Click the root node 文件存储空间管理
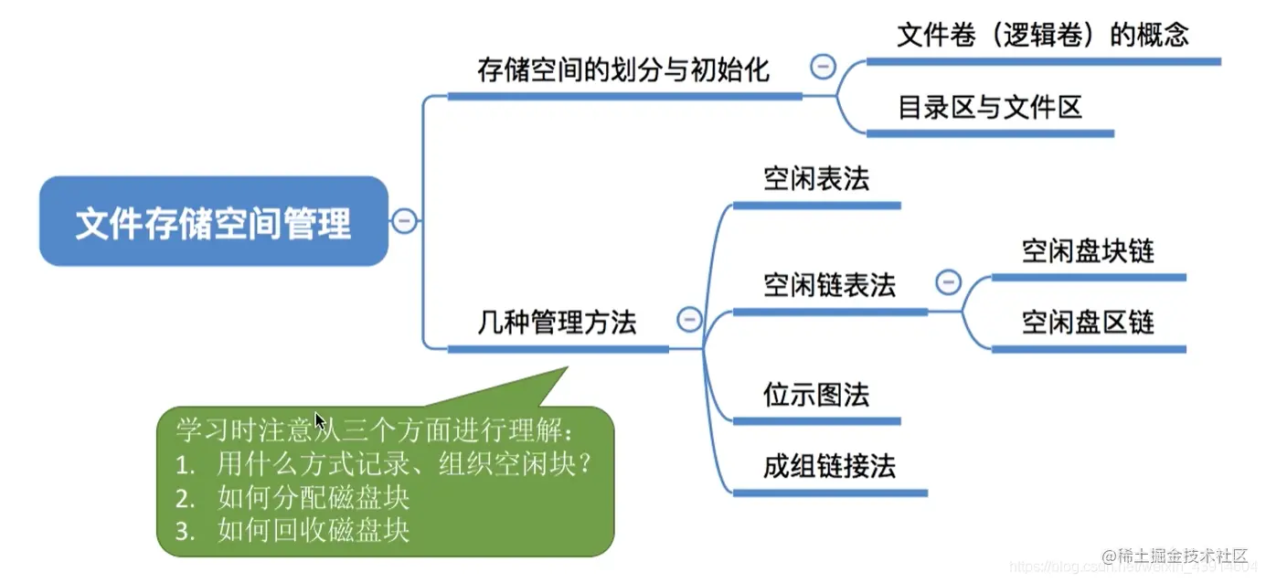point(214,221)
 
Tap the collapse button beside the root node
point(404,221)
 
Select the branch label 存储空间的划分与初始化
point(622,70)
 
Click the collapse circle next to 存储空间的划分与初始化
point(823,66)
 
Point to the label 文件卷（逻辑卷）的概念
point(1043,35)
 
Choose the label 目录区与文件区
point(990,107)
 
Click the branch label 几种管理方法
point(557,322)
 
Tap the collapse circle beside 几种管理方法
point(689,320)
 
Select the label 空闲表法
point(816,179)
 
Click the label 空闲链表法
point(829,285)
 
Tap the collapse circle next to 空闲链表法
point(949,281)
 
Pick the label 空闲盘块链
point(1088,250)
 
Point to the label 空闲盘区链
point(1088,323)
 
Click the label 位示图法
point(816,395)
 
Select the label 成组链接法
point(829,467)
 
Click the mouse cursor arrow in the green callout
point(320,421)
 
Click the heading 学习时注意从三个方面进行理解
point(374,430)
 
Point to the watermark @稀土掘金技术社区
point(1175,556)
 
